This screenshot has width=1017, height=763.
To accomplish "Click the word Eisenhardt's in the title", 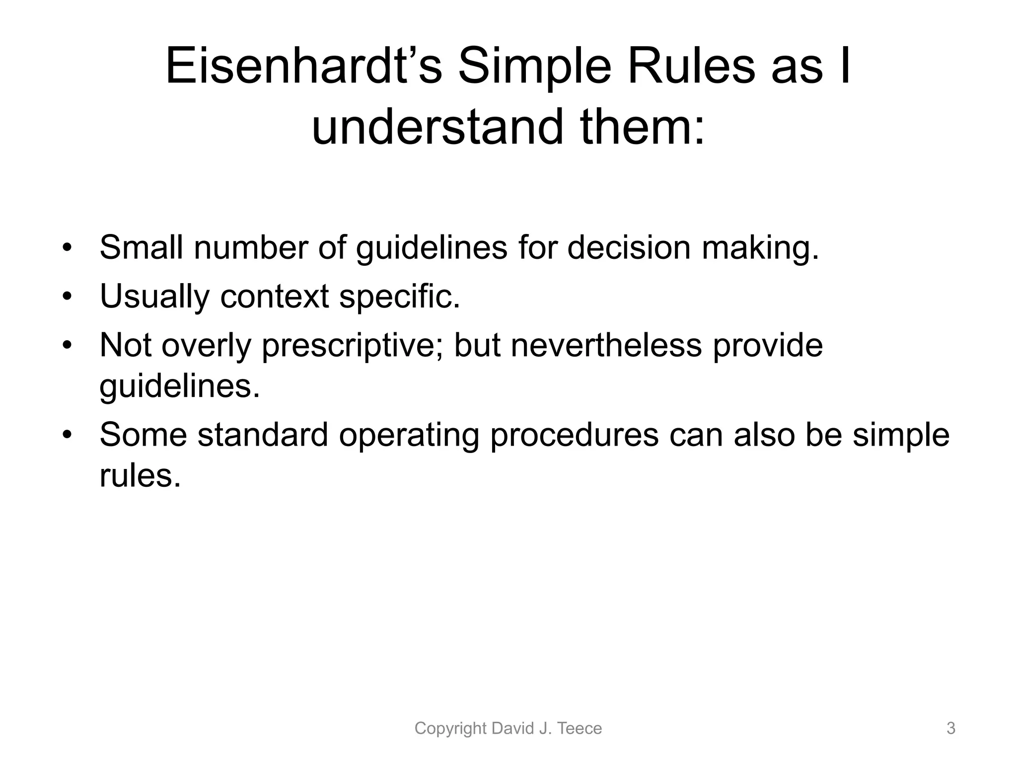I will click(303, 67).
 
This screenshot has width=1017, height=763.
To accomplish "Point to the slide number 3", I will click(950, 728).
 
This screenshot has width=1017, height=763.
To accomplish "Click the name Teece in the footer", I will click(580, 728).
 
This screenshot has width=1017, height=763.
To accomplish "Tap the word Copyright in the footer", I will click(450, 728).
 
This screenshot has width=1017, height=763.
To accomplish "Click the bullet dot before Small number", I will click(68, 247).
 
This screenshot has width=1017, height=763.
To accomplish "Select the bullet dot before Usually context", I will click(68, 296).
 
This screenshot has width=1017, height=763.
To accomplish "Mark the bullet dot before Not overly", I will click(68, 345).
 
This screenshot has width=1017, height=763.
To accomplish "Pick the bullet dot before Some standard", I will click(68, 435).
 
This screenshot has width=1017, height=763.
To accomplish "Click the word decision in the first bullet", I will click(629, 247).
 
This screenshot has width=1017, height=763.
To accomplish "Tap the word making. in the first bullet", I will click(760, 247).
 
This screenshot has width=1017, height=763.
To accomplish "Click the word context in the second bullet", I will click(274, 296).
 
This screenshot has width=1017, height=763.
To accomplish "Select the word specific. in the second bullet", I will click(400, 296).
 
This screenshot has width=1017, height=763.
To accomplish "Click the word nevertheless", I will click(606, 345).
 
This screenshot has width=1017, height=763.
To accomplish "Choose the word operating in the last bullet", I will click(409, 435).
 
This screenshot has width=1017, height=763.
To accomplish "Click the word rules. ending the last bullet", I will click(140, 475).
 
